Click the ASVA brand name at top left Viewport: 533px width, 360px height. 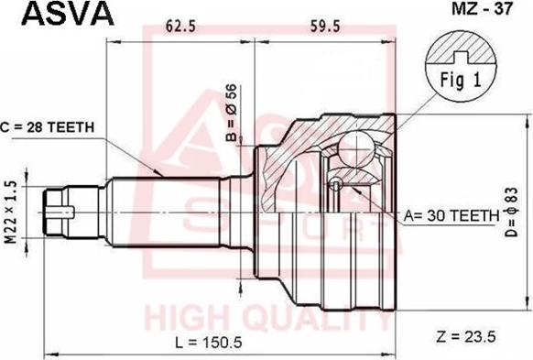[x=68, y=14]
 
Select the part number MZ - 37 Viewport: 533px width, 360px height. [x=482, y=9]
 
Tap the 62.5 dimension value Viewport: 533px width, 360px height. [x=180, y=27]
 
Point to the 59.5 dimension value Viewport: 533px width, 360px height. [x=324, y=27]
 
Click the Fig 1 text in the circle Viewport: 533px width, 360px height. [x=461, y=81]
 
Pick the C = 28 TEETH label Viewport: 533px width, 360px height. [x=48, y=127]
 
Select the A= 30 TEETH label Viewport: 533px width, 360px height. [x=451, y=215]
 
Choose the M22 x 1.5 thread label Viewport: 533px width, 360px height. [x=11, y=213]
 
